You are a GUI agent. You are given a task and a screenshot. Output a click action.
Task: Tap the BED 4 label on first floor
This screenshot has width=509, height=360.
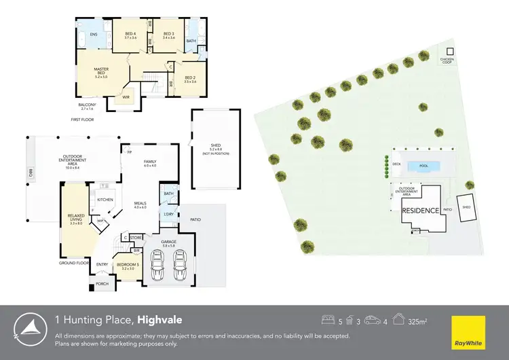coord(130,35)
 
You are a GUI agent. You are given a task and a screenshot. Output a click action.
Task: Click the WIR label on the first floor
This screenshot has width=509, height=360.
coord(126,97)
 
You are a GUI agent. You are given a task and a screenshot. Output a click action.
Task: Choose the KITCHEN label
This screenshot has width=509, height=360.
coord(105,200)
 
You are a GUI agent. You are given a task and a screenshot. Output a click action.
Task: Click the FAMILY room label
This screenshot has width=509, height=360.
coord(149,163)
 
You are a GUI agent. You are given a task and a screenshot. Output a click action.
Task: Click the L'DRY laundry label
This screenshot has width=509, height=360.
coord(168,215)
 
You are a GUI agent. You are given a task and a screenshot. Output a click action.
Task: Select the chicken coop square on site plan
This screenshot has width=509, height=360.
coord(448,52)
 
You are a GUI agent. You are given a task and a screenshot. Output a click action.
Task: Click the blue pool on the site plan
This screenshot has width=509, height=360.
coord(423,166)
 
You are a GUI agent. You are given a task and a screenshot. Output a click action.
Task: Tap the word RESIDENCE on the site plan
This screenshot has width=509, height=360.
coord(421,211)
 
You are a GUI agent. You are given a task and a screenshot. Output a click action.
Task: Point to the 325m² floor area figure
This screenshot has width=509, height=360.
coord(417,320)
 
